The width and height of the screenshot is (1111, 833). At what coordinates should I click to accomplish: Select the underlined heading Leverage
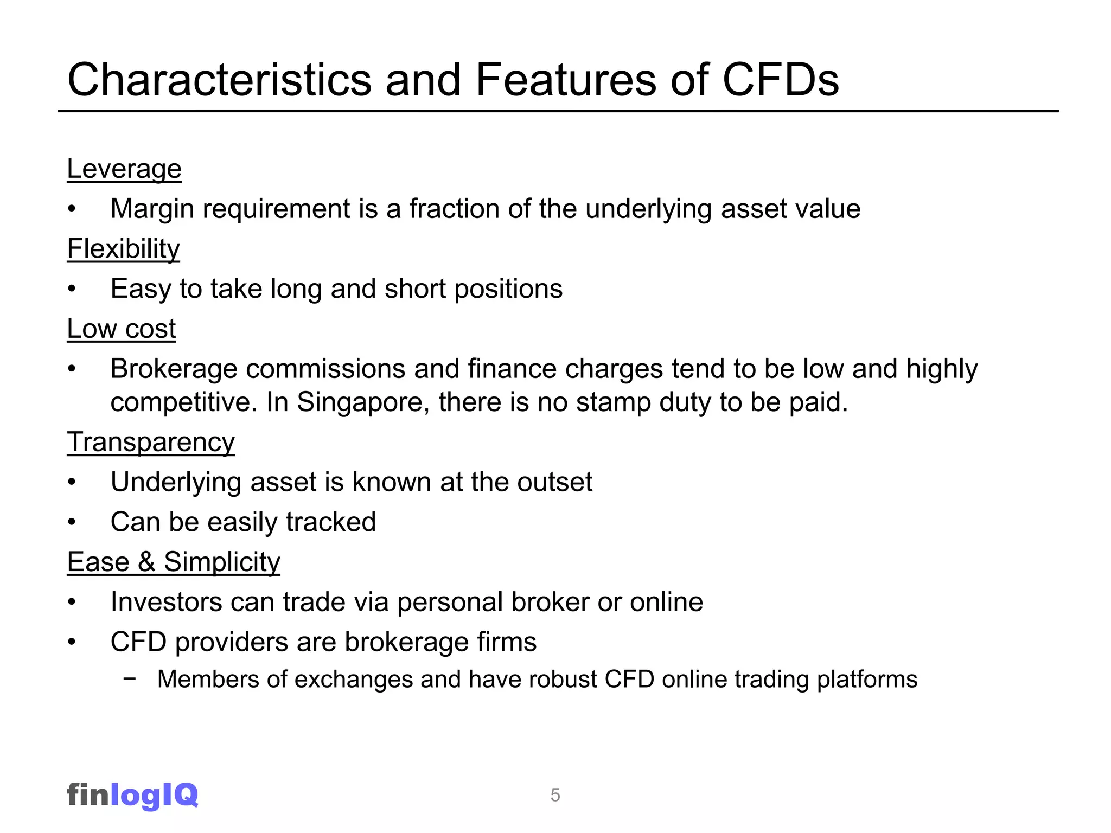tap(124, 169)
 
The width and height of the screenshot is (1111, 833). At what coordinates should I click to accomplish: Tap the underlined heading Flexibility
tap(123, 249)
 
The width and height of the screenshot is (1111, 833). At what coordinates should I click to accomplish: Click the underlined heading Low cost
tap(122, 329)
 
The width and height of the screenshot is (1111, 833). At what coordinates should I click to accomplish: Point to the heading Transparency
tap(151, 442)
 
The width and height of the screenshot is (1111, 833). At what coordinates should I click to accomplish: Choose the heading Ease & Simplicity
tap(174, 562)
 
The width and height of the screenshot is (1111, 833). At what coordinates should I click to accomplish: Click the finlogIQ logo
tap(132, 795)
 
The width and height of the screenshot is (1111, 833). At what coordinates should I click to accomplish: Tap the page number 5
tap(555, 795)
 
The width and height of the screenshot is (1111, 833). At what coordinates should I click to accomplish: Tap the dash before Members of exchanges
tap(129, 678)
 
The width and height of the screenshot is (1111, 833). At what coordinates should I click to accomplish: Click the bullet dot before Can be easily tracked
tap(72, 522)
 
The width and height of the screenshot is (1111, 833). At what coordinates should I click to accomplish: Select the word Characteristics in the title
tap(219, 80)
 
